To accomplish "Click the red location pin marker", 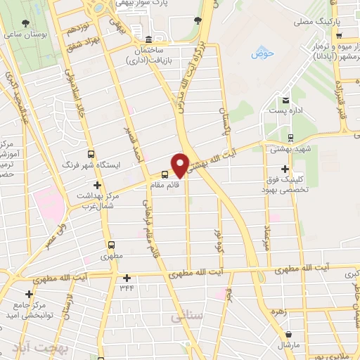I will (x=180, y=165).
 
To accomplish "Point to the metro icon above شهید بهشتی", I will (x=290, y=138).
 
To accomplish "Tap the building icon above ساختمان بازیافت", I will (x=148, y=40).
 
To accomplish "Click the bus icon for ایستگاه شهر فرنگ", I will (x=90, y=153).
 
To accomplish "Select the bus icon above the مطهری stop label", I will (x=111, y=246).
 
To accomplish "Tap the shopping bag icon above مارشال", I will (x=288, y=333).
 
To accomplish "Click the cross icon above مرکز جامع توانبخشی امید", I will (x=28, y=293).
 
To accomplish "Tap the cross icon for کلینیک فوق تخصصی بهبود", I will (x=284, y=169).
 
